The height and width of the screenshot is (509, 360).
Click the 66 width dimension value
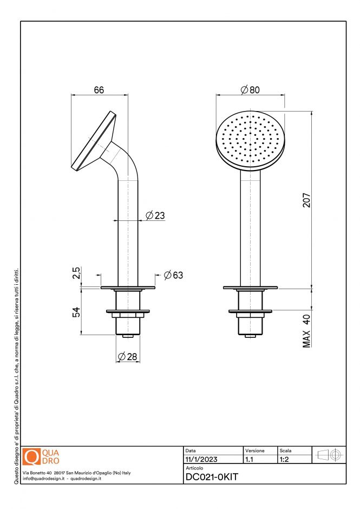pyautogui.click(x=99, y=90)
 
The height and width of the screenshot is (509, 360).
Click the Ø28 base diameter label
pyautogui.click(x=128, y=356)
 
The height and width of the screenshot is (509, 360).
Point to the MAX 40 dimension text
pyautogui.click(x=306, y=330)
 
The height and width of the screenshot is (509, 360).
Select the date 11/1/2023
pyautogui.click(x=201, y=459)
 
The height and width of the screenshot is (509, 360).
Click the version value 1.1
pyautogui.click(x=250, y=459)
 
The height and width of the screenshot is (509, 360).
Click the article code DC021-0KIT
pyautogui.click(x=212, y=477)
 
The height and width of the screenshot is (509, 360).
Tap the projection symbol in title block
pyautogui.click(x=329, y=455)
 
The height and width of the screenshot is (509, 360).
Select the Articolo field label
pyautogui.click(x=194, y=467)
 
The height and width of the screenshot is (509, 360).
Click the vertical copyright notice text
pyautogui.click(x=17, y=374)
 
